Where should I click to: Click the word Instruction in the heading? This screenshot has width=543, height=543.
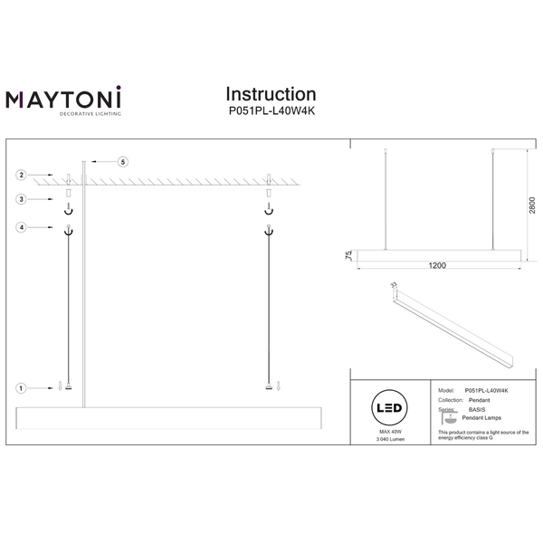[270, 94]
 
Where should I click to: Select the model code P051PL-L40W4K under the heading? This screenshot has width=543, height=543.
[270, 111]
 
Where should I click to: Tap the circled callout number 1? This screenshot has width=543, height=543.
[21, 388]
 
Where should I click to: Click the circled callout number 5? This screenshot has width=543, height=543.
[124, 161]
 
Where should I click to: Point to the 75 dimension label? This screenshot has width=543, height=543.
[348, 256]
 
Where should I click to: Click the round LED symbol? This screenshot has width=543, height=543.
[390, 408]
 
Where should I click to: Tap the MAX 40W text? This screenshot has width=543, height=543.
[390, 432]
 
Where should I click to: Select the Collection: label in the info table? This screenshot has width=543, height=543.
[457, 399]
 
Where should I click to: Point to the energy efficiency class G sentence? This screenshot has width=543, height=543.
[482, 437]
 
